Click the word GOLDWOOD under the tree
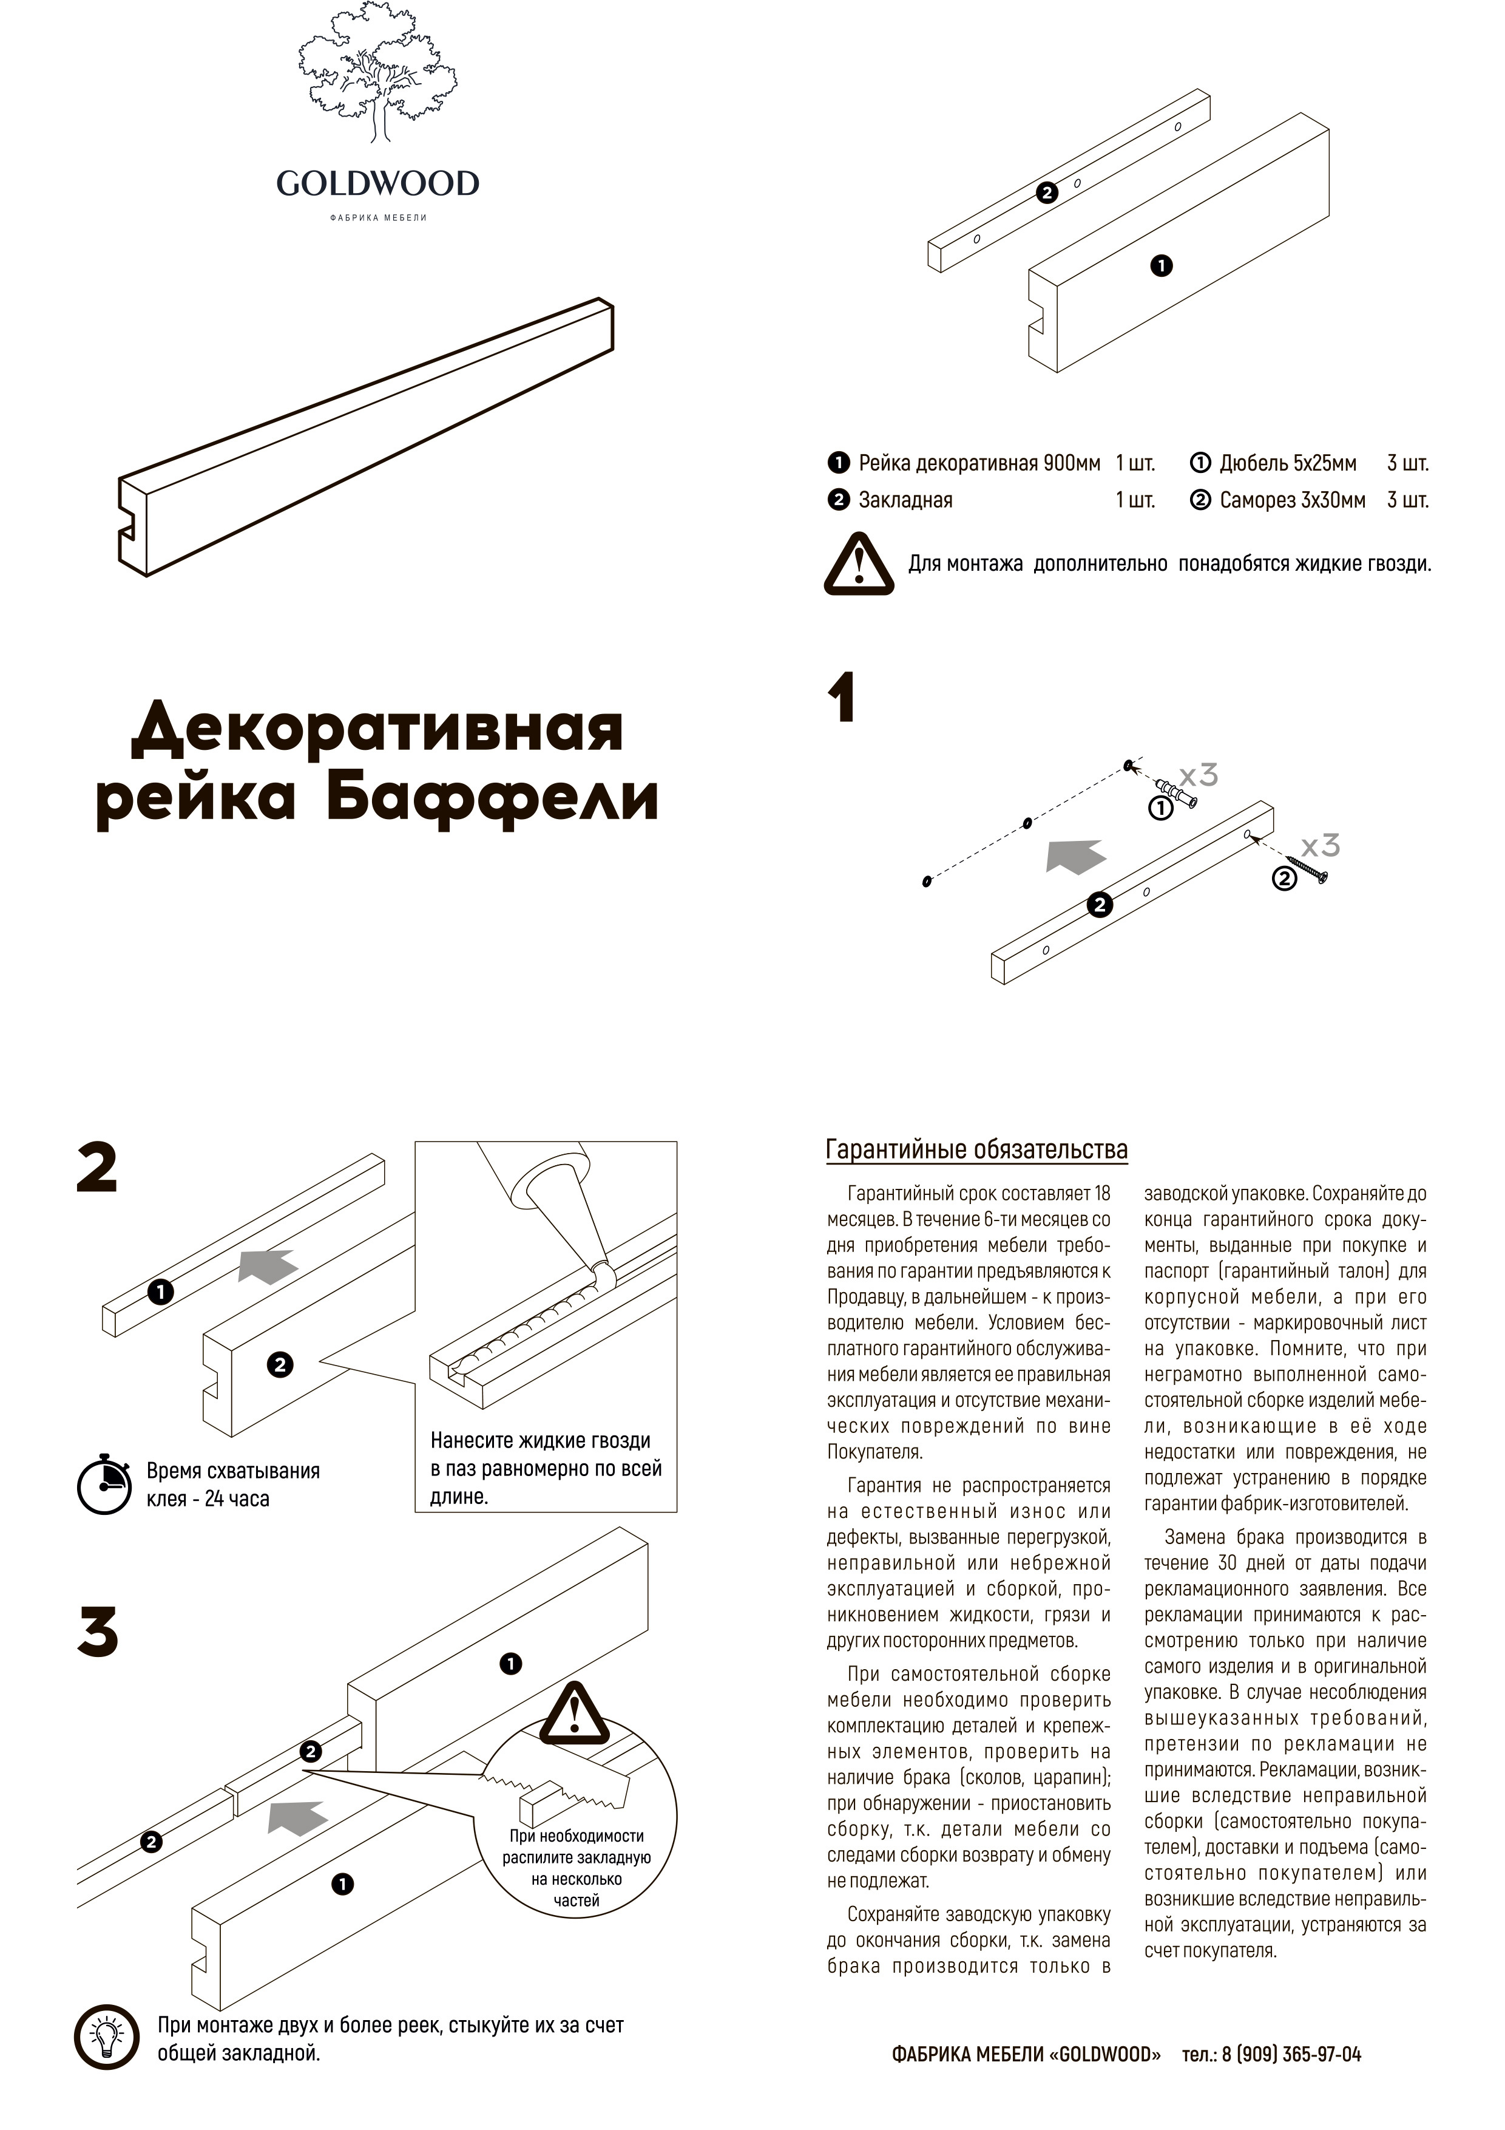pos(377,184)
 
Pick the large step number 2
pos(96,1168)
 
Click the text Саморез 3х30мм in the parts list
pos(1292,501)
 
